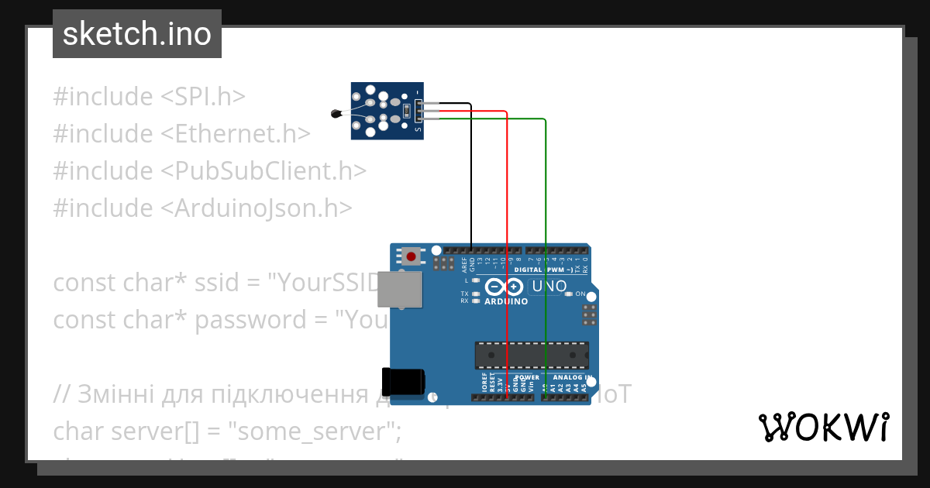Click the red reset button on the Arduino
pyautogui.click(x=412, y=256)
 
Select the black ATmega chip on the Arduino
pyautogui.click(x=532, y=355)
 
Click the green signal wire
pyautogui.click(x=546, y=232)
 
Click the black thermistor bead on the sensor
pyautogui.click(x=335, y=114)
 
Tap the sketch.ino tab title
pyautogui.click(x=137, y=34)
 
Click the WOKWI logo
pyautogui.click(x=823, y=427)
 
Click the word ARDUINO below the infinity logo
pyautogui.click(x=506, y=301)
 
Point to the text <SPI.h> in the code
pyautogui.click(x=203, y=97)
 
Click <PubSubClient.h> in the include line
pyautogui.click(x=263, y=170)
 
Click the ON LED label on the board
pyautogui.click(x=580, y=294)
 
